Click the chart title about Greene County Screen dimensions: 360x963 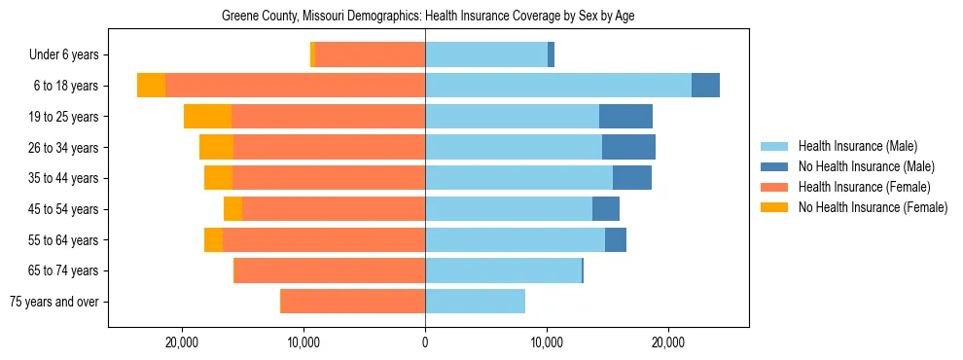click(428, 17)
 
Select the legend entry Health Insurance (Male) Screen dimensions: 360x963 click(857, 146)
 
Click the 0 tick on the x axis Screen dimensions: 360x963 click(425, 342)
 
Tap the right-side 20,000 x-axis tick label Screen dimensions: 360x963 click(668, 342)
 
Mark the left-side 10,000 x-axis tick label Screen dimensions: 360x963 click(303, 342)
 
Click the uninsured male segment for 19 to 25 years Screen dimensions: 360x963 click(625, 117)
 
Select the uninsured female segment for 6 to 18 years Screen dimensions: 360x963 click(151, 86)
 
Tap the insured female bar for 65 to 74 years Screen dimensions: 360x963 click(330, 270)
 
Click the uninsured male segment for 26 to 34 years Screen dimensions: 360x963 click(628, 147)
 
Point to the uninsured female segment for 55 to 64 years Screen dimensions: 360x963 click(213, 239)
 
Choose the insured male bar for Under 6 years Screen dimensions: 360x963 click(486, 55)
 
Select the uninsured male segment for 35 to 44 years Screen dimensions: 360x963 click(632, 178)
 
